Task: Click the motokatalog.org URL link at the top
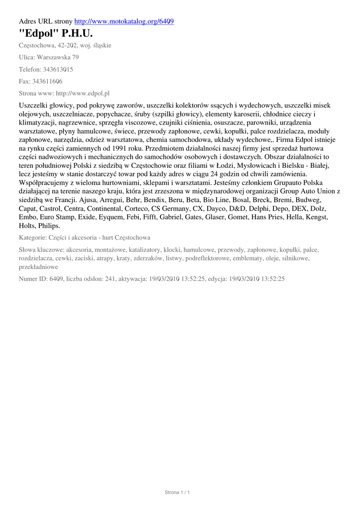124,21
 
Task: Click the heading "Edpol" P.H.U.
56,33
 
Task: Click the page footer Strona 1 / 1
178,493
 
